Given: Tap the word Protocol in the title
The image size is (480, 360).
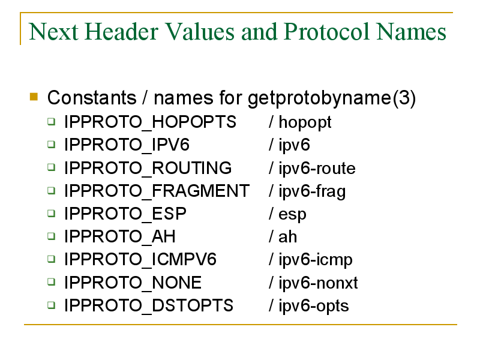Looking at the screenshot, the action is click(326, 32).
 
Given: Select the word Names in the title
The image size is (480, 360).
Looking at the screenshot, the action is click(411, 32).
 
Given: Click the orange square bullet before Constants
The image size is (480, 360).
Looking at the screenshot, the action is click(34, 97).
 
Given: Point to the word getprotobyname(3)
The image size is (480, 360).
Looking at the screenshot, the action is click(332, 98).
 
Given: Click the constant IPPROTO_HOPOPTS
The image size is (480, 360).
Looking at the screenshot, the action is click(150, 122).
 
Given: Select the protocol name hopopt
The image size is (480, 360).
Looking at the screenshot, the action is click(305, 123).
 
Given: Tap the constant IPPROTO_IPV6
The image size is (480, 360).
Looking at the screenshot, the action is click(127, 145).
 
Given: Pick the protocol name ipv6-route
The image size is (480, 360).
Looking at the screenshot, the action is click(317, 169).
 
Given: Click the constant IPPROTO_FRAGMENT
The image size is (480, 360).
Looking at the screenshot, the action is click(157, 191).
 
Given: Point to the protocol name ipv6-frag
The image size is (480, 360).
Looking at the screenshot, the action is click(312, 191).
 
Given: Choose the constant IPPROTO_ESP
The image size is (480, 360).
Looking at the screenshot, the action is click(125, 214).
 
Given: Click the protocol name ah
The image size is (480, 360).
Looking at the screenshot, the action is click(287, 236).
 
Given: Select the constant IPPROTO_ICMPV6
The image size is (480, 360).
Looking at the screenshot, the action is click(140, 260).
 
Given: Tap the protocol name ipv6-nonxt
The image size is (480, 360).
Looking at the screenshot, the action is click(318, 283).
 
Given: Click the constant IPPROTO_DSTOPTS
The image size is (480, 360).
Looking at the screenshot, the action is click(148, 305).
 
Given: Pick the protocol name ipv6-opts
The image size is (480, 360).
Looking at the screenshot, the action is click(313, 306).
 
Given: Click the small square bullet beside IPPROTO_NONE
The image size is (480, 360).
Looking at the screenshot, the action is click(52, 281).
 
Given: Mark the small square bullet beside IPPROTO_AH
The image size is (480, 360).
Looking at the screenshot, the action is click(52, 236).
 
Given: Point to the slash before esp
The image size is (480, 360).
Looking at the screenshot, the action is click(271, 214).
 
